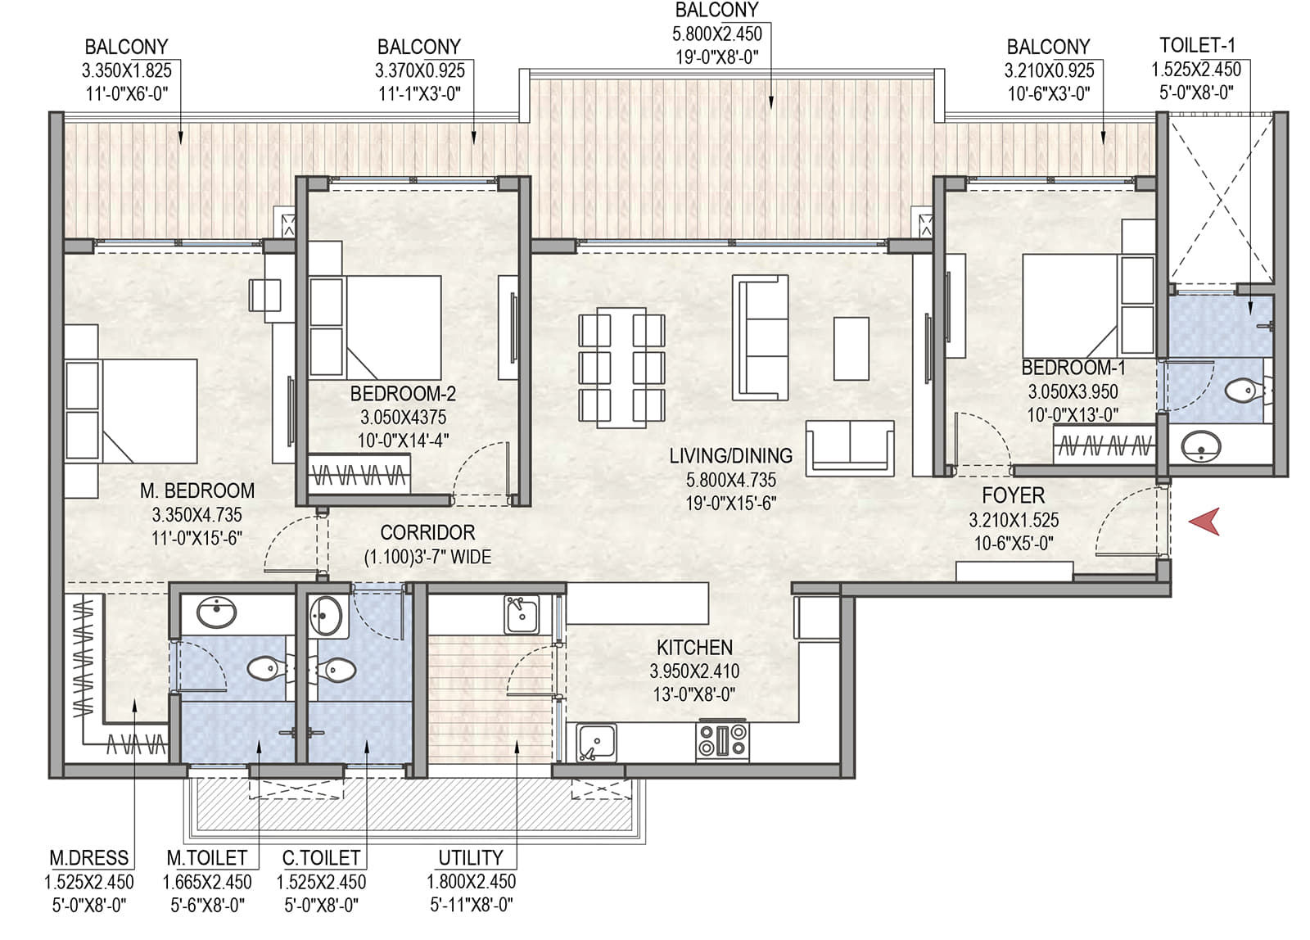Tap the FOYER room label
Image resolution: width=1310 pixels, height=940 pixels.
(1013, 496)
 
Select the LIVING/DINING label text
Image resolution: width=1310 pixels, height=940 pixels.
(731, 455)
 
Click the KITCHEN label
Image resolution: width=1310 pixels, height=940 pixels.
(695, 648)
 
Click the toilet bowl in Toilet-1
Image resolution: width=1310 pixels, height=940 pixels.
(1244, 390)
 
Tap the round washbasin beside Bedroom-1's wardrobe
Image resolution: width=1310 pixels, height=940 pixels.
(1200, 446)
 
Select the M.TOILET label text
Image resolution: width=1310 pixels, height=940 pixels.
(206, 857)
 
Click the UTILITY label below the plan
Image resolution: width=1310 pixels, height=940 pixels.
(470, 857)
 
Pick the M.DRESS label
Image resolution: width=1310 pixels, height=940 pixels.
(89, 857)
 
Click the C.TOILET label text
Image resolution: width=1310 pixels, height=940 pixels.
(321, 857)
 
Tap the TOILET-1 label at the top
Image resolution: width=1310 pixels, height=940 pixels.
(1197, 45)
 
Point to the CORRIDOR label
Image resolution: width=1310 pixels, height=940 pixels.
(427, 532)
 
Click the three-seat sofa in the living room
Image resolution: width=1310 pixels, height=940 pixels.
(760, 338)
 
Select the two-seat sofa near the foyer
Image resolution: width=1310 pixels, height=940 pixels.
(850, 448)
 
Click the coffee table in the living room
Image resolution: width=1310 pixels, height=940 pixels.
(851, 349)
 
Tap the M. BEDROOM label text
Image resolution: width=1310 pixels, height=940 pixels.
(197, 490)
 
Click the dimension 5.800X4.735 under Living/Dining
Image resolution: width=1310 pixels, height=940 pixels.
(731, 481)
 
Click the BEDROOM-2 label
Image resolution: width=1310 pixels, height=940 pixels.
(403, 394)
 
